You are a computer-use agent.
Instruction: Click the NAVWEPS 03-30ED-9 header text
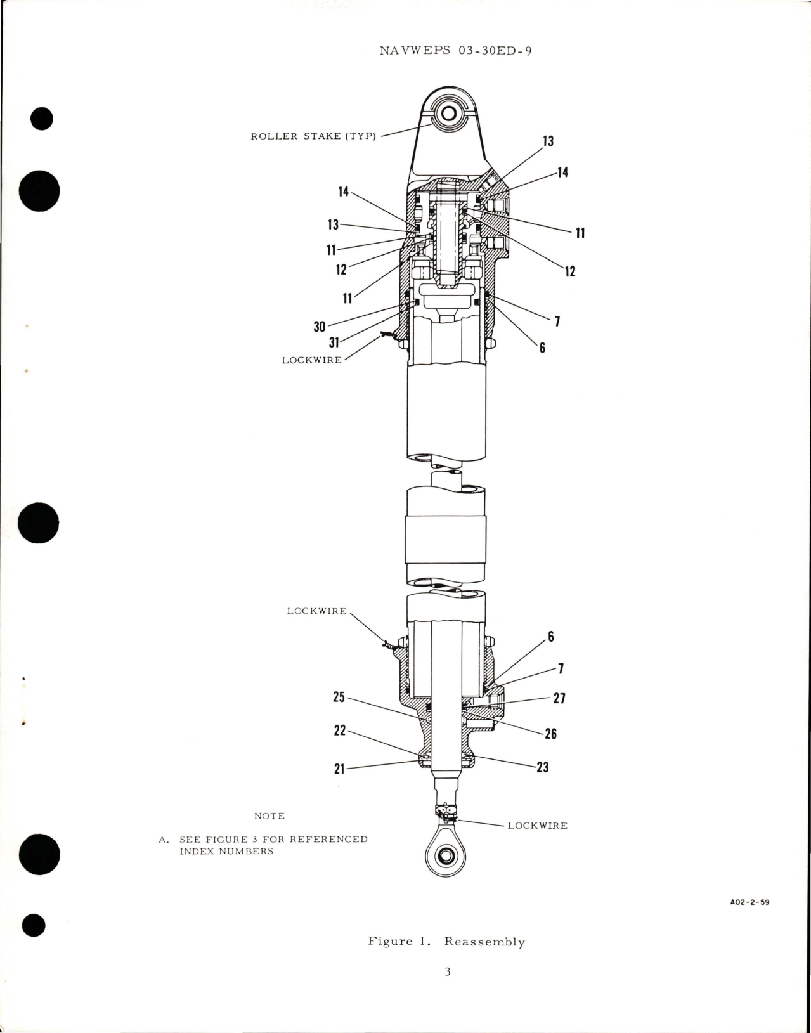coord(455,51)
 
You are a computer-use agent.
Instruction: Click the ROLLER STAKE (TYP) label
coord(313,136)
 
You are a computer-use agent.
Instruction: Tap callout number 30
coord(320,327)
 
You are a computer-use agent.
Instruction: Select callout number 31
coord(334,342)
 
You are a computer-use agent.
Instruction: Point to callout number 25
coord(339,697)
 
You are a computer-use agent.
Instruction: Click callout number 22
coord(340,731)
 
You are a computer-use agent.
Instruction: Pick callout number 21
coord(339,769)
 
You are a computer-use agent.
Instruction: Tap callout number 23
coord(542,767)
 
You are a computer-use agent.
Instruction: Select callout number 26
coord(550,734)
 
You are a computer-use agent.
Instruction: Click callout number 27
coord(559,698)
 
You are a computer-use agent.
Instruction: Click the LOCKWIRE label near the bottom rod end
coord(537,826)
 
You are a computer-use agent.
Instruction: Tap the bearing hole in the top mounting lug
coord(449,115)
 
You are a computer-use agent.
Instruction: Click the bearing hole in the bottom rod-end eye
coord(446,855)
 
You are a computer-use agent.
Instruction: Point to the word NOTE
coord(269,816)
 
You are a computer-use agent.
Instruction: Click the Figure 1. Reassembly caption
coord(446,942)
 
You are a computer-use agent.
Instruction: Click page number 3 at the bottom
coord(447,972)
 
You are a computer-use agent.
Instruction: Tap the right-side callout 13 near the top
coord(548,141)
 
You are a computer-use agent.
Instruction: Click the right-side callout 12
coord(569,271)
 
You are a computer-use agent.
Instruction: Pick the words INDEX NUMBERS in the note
coord(226,851)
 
